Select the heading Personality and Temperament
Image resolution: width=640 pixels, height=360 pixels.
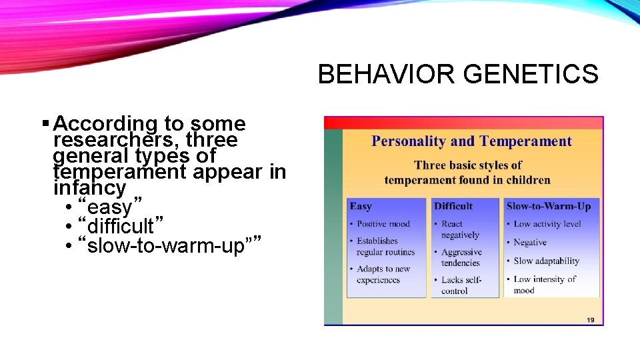pyautogui.click(x=471, y=141)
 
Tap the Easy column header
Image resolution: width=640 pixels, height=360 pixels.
pyautogui.click(x=361, y=206)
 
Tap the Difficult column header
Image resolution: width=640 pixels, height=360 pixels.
pyautogui.click(x=453, y=206)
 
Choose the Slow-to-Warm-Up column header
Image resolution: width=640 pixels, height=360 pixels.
pyautogui.click(x=549, y=206)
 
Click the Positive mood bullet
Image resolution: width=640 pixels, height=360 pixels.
pyautogui.click(x=383, y=224)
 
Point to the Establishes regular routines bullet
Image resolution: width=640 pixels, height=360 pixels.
pyautogui.click(x=385, y=247)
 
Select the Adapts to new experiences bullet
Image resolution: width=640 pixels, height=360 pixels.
pyautogui.click(x=383, y=275)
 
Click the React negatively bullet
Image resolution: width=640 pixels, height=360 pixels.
pyautogui.click(x=459, y=229)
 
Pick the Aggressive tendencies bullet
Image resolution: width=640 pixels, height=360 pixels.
pyautogui.click(x=461, y=257)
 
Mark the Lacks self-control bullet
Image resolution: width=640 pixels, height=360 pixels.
pyautogui.click(x=461, y=285)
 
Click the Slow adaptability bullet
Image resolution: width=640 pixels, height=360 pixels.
pyautogui.click(x=546, y=261)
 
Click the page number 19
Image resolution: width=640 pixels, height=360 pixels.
pyautogui.click(x=590, y=320)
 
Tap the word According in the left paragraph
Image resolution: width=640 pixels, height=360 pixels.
pyautogui.click(x=105, y=124)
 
